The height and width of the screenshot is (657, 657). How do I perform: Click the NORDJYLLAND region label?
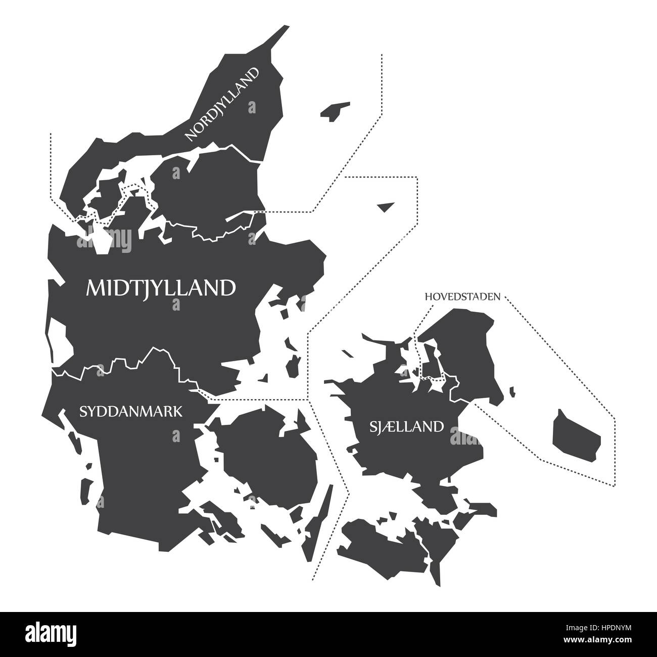pos(222,104)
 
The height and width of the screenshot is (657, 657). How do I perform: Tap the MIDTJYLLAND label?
pos(161,288)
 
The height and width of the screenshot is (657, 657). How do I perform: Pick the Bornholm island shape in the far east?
pos(576,435)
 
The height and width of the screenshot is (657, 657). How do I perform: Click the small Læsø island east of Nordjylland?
pos(334,111)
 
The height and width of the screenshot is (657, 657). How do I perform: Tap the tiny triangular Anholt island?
pos(386,206)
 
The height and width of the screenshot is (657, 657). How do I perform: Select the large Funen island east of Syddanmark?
pos(268,455)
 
